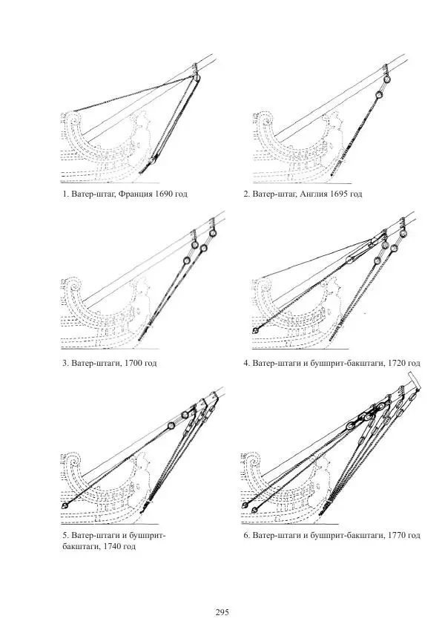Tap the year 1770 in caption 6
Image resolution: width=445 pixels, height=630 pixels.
[398, 534]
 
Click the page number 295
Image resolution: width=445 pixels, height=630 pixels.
[222, 612]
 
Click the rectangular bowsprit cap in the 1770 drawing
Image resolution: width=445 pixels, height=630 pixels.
[415, 381]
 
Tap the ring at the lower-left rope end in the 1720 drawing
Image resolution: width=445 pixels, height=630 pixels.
[256, 329]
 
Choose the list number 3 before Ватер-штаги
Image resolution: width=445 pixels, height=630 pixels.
[65, 364]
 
